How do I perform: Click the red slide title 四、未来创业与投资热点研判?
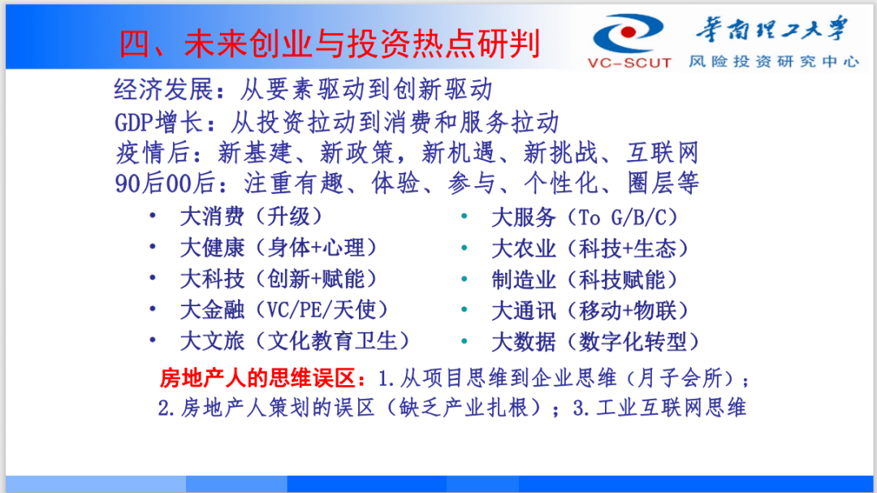click(330, 44)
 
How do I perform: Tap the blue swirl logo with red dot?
click(628, 33)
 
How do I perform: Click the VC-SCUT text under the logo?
click(629, 63)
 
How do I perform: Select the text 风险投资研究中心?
click(774, 61)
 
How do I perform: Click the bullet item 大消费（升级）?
click(251, 217)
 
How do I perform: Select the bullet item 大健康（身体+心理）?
click(279, 248)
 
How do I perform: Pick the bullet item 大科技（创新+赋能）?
click(279, 279)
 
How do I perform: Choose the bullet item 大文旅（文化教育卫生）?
click(295, 341)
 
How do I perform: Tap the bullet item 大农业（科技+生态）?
click(590, 249)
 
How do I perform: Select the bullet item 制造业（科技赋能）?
click(585, 279)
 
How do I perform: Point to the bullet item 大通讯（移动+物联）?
click(590, 310)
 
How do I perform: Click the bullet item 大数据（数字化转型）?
click(596, 342)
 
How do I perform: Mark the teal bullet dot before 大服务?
click(464, 216)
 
